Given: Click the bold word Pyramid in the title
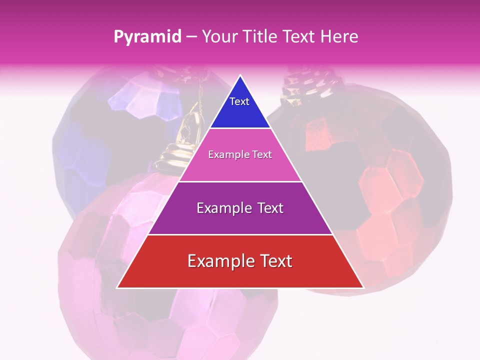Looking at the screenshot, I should click(147, 37).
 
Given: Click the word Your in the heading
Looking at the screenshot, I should click(220, 37).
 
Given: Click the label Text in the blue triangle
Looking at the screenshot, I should click(239, 101).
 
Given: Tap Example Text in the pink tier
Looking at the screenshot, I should click(240, 154).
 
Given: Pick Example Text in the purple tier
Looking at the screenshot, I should click(240, 208).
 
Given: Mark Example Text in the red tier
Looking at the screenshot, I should click(240, 261).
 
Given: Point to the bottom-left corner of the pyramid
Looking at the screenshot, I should click(118, 287).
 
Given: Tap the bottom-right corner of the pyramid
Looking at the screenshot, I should click(362, 287).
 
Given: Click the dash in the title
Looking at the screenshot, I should click(191, 37).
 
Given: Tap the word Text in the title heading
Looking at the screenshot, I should click(298, 37).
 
